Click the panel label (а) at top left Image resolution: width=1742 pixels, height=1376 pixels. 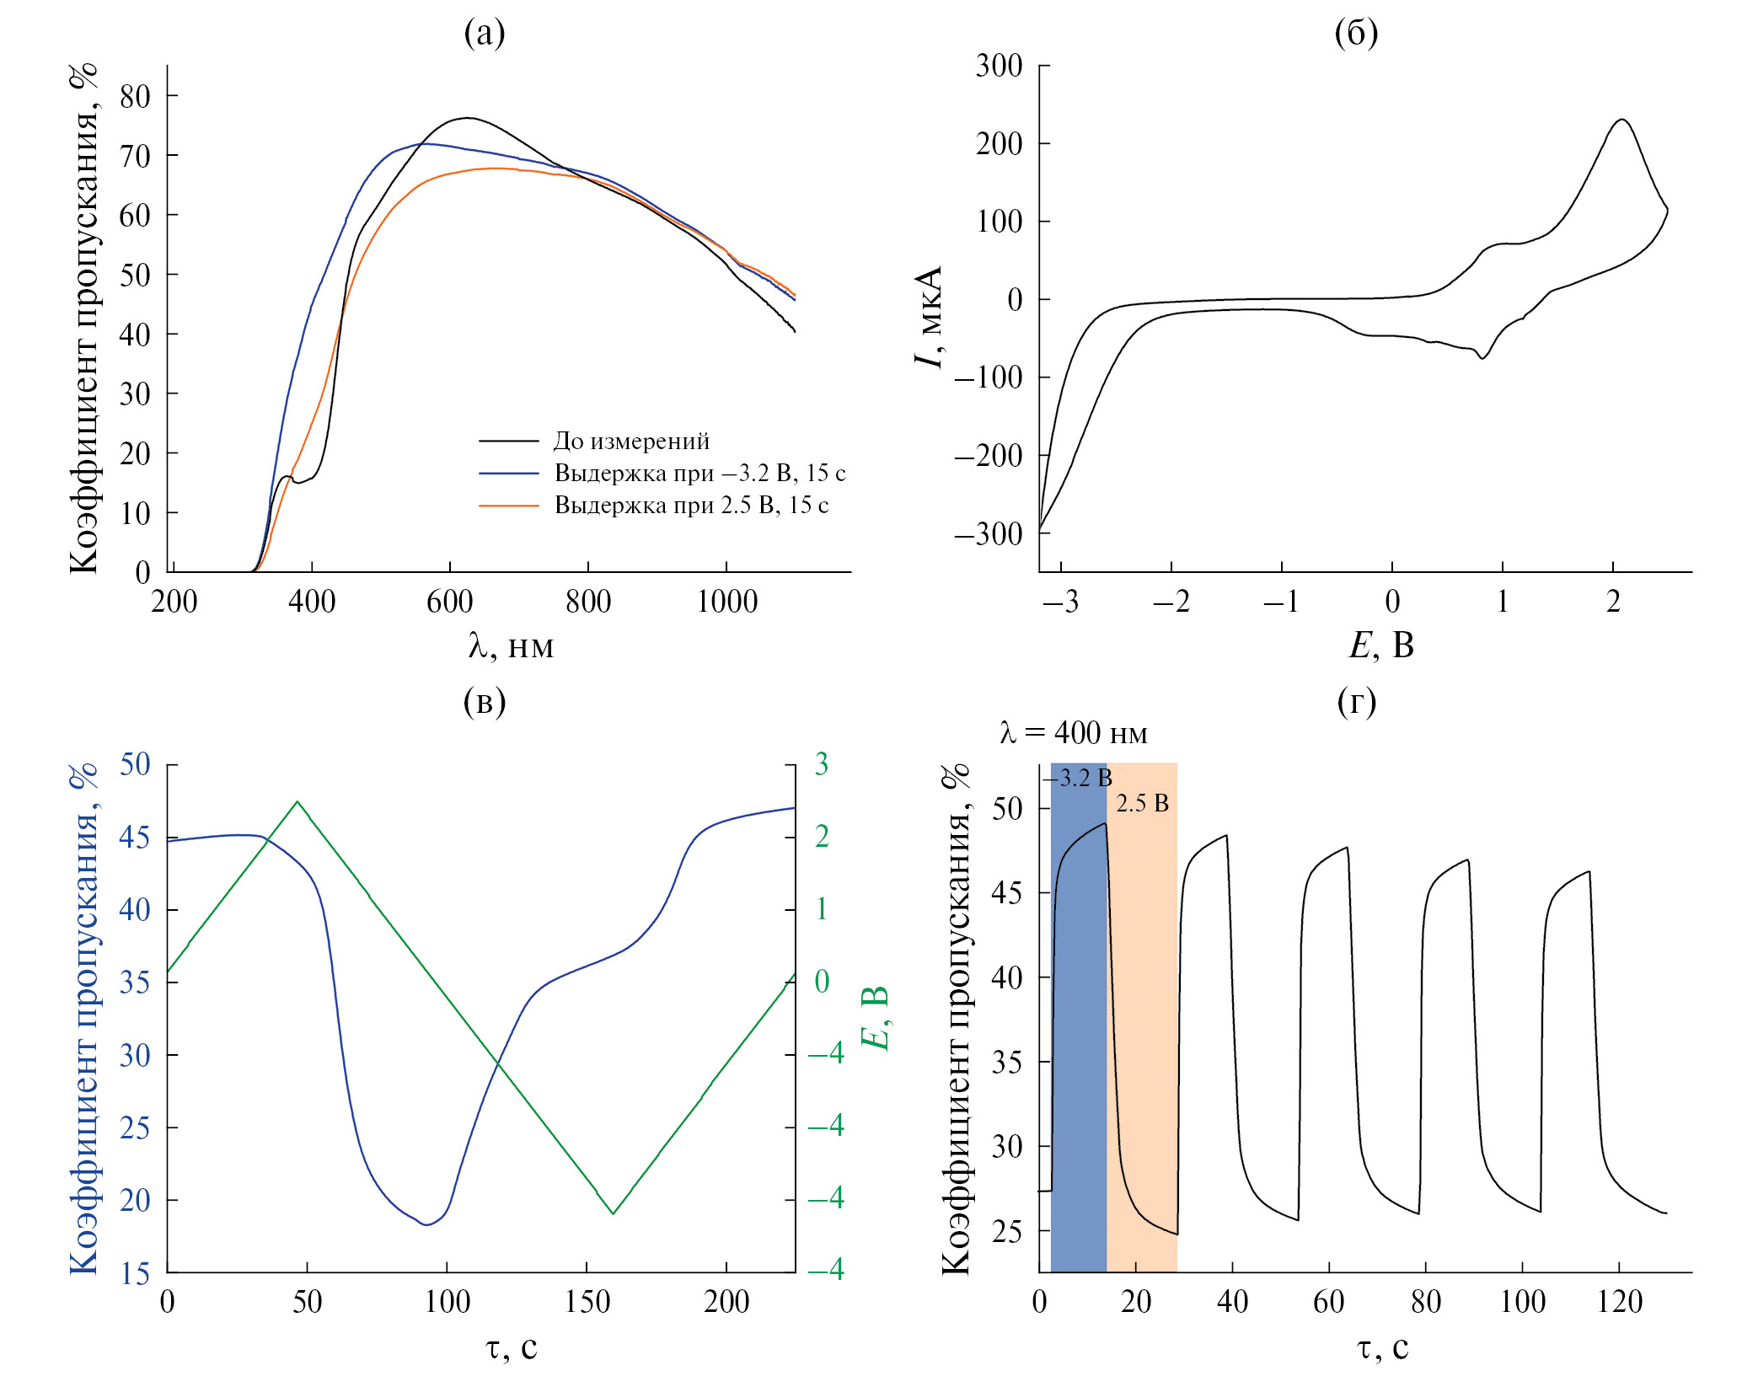click(x=485, y=33)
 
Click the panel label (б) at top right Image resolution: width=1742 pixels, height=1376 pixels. click(x=1356, y=33)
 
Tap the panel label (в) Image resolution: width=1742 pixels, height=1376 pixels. click(x=485, y=701)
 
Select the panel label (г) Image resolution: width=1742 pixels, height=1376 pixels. click(x=1357, y=701)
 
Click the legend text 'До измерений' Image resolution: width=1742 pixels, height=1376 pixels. click(x=631, y=441)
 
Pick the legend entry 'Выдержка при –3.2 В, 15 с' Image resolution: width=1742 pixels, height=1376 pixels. click(x=699, y=473)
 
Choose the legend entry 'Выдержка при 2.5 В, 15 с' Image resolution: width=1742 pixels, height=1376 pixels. click(x=691, y=505)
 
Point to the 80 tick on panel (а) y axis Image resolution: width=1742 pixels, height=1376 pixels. click(x=135, y=96)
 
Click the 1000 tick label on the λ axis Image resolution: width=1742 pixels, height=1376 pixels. click(x=726, y=602)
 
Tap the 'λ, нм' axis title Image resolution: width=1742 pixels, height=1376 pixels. click(x=511, y=646)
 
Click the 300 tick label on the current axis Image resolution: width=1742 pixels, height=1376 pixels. click(x=999, y=66)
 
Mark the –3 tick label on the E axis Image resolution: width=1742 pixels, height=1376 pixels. click(x=1059, y=602)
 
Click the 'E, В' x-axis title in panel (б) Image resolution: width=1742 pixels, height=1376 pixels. click(x=1381, y=645)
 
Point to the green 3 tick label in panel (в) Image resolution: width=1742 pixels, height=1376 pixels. click(x=821, y=764)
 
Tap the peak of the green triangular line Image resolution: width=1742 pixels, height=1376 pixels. click(x=297, y=801)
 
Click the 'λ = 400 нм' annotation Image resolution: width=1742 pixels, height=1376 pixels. click(x=1074, y=733)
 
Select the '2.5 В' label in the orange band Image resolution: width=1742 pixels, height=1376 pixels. click(x=1142, y=803)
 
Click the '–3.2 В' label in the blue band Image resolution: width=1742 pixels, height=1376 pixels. click(x=1079, y=778)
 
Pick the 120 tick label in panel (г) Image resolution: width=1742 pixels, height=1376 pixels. click(x=1619, y=1302)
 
